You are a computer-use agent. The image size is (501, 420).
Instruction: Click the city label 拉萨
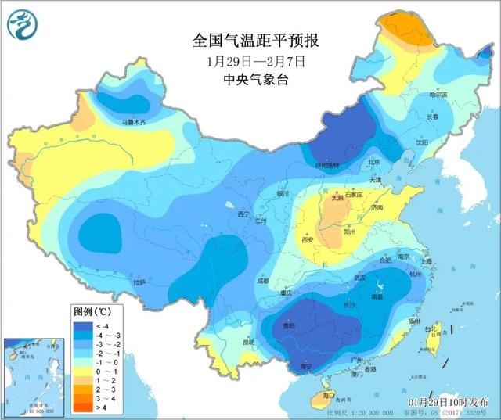point(139,282)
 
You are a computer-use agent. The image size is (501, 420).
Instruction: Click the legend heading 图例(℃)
point(96,311)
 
